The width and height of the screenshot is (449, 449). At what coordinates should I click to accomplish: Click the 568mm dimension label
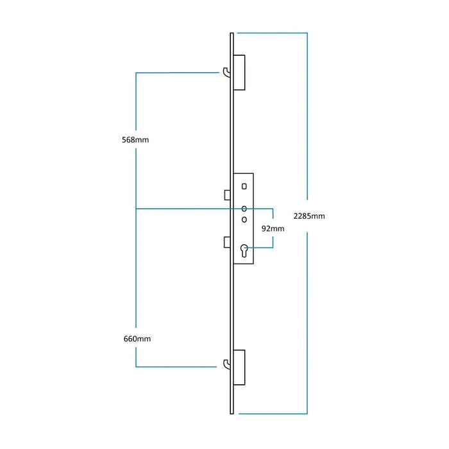135,139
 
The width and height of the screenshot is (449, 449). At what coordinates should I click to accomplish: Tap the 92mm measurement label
273,228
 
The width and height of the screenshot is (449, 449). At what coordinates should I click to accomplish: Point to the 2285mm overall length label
309,216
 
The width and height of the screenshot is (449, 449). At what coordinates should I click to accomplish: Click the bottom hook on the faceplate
226,365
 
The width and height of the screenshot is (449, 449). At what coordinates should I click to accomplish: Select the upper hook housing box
240,72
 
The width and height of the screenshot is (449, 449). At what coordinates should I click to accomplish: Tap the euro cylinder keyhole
244,251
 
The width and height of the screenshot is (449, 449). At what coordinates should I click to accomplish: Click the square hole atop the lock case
244,186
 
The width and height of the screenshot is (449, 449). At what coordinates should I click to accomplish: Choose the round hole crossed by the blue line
244,208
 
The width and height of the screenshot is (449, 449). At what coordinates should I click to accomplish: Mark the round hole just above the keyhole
244,219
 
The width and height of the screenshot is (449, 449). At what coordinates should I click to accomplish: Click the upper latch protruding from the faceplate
227,194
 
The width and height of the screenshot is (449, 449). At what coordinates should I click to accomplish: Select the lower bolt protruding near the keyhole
227,242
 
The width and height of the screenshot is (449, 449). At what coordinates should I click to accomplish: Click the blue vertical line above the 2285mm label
308,115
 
